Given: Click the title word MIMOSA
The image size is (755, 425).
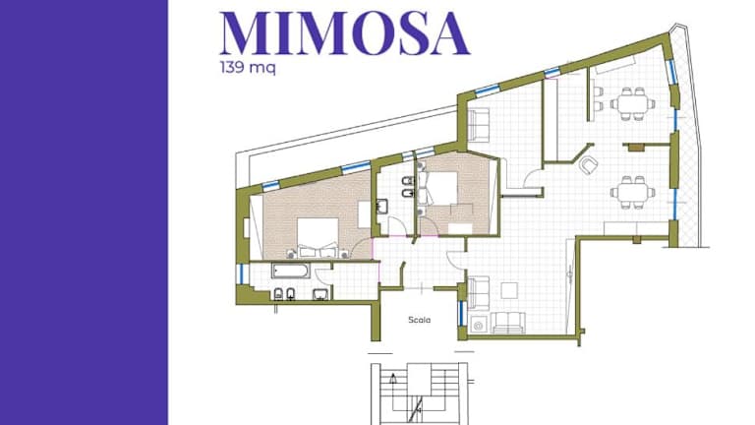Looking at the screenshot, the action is (344, 34).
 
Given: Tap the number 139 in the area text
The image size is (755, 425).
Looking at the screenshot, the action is (234, 67).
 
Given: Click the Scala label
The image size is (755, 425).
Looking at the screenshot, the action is (419, 320).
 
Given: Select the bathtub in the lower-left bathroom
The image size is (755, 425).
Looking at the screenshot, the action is (291, 271).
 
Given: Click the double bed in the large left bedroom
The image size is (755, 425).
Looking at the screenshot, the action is (318, 237).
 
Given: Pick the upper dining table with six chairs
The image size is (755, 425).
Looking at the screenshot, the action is (633, 103).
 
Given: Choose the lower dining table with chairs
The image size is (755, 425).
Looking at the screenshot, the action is (633, 192).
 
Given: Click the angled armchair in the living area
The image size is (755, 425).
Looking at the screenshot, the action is (589, 165).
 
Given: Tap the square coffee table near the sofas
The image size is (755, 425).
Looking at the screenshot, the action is (509, 290).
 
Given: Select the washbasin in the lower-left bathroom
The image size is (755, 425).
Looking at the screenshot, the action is (320, 294).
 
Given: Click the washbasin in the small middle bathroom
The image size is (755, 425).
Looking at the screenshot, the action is (382, 207).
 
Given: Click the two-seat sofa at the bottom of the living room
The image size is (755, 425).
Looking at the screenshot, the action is (507, 323).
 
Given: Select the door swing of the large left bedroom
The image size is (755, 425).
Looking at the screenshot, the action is (361, 249).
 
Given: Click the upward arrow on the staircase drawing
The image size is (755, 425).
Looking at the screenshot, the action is (394, 379).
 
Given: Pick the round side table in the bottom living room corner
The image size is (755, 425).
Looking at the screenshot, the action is (478, 326).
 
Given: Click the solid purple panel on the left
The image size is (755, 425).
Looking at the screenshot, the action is (84, 212).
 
